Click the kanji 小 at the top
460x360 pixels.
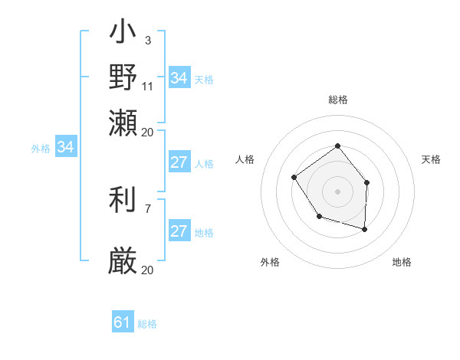[123, 34]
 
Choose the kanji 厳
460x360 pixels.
[123, 260]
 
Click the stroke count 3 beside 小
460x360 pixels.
[148, 40]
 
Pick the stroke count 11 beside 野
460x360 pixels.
[148, 86]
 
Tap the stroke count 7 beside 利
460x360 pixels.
[148, 208]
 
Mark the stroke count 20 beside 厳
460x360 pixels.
[148, 270]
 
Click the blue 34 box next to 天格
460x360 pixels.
[179, 78]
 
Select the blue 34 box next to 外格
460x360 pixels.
[65, 147]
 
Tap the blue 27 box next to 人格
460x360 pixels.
[179, 162]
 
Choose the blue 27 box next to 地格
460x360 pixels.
[179, 232]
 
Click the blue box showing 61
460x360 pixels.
[123, 322]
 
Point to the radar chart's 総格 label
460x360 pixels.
[338, 100]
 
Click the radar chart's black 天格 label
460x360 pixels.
[432, 159]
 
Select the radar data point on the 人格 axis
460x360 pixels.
[294, 177]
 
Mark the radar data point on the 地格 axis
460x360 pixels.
[365, 229]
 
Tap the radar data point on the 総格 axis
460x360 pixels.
[338, 146]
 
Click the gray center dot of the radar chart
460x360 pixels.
[338, 191]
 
